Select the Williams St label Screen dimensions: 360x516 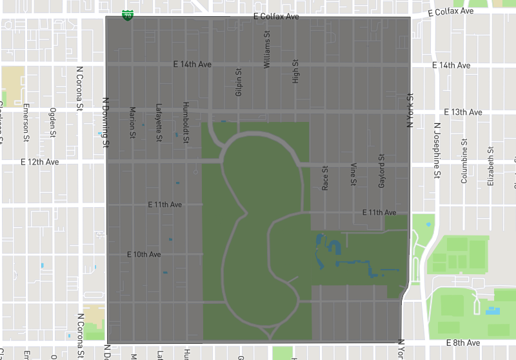coord(267,50)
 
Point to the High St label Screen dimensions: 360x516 coord(295,72)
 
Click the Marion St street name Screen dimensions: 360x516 coord(132,122)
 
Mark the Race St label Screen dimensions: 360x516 coord(325,178)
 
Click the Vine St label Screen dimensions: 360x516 coord(353,175)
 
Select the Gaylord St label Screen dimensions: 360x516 coord(381,171)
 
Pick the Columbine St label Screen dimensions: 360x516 coord(464,166)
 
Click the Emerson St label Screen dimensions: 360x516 coord(26,122)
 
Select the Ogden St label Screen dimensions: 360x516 coord(53,119)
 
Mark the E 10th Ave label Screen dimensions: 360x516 coord(144,255)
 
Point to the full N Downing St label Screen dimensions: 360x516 coord(105,123)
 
